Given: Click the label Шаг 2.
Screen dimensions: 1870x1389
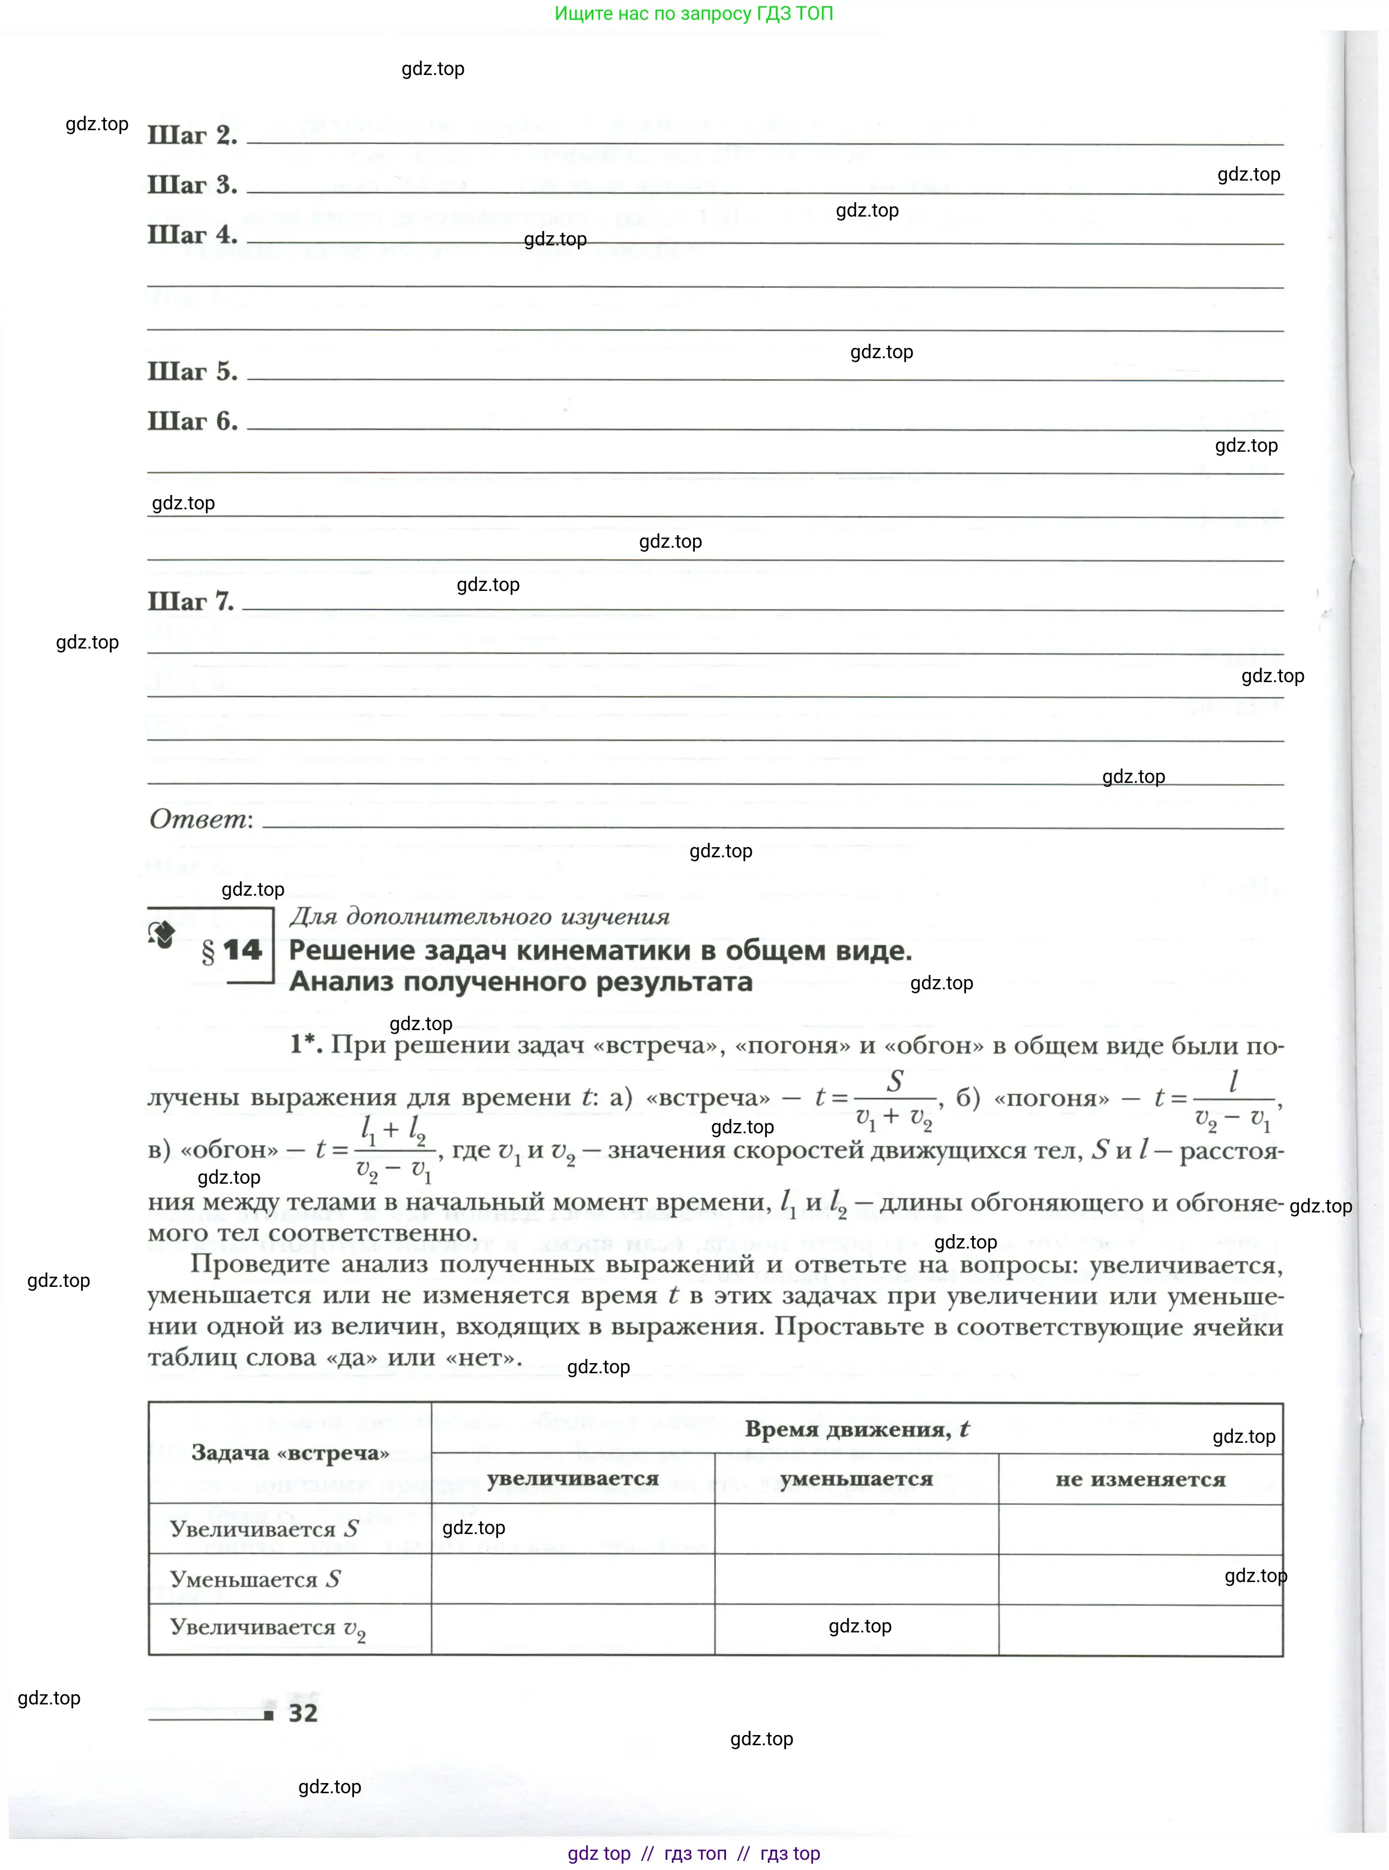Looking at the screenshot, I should pyautogui.click(x=192, y=136).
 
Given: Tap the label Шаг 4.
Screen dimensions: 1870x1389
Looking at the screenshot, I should pyautogui.click(x=192, y=235).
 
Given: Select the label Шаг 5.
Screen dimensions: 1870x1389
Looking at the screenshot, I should pyautogui.click(x=192, y=371).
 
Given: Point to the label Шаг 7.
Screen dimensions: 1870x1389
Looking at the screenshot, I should pyautogui.click(x=191, y=602).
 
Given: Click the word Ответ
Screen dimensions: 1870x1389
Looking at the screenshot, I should pyautogui.click(x=200, y=819).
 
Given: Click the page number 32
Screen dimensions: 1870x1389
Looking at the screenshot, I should pyautogui.click(x=302, y=1713).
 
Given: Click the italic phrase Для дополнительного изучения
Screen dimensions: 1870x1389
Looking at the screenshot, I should pyautogui.click(x=479, y=917).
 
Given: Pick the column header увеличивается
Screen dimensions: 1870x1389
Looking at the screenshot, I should pyautogui.click(x=572, y=1479).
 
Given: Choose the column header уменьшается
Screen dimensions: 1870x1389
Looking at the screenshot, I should pyautogui.click(x=856, y=1479).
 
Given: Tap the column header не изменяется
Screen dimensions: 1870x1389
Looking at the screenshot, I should pyautogui.click(x=1140, y=1479).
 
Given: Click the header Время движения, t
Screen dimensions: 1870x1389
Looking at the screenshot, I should pyautogui.click(x=856, y=1430).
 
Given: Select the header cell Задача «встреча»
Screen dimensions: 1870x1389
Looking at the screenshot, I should pyautogui.click(x=290, y=1453).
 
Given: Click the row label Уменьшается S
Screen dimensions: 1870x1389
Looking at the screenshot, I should pyautogui.click(x=255, y=1579).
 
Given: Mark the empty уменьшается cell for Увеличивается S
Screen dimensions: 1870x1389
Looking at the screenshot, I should pyautogui.click(x=856, y=1529).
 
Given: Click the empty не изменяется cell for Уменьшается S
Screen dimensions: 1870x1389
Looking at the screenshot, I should pyautogui.click(x=1140, y=1579).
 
